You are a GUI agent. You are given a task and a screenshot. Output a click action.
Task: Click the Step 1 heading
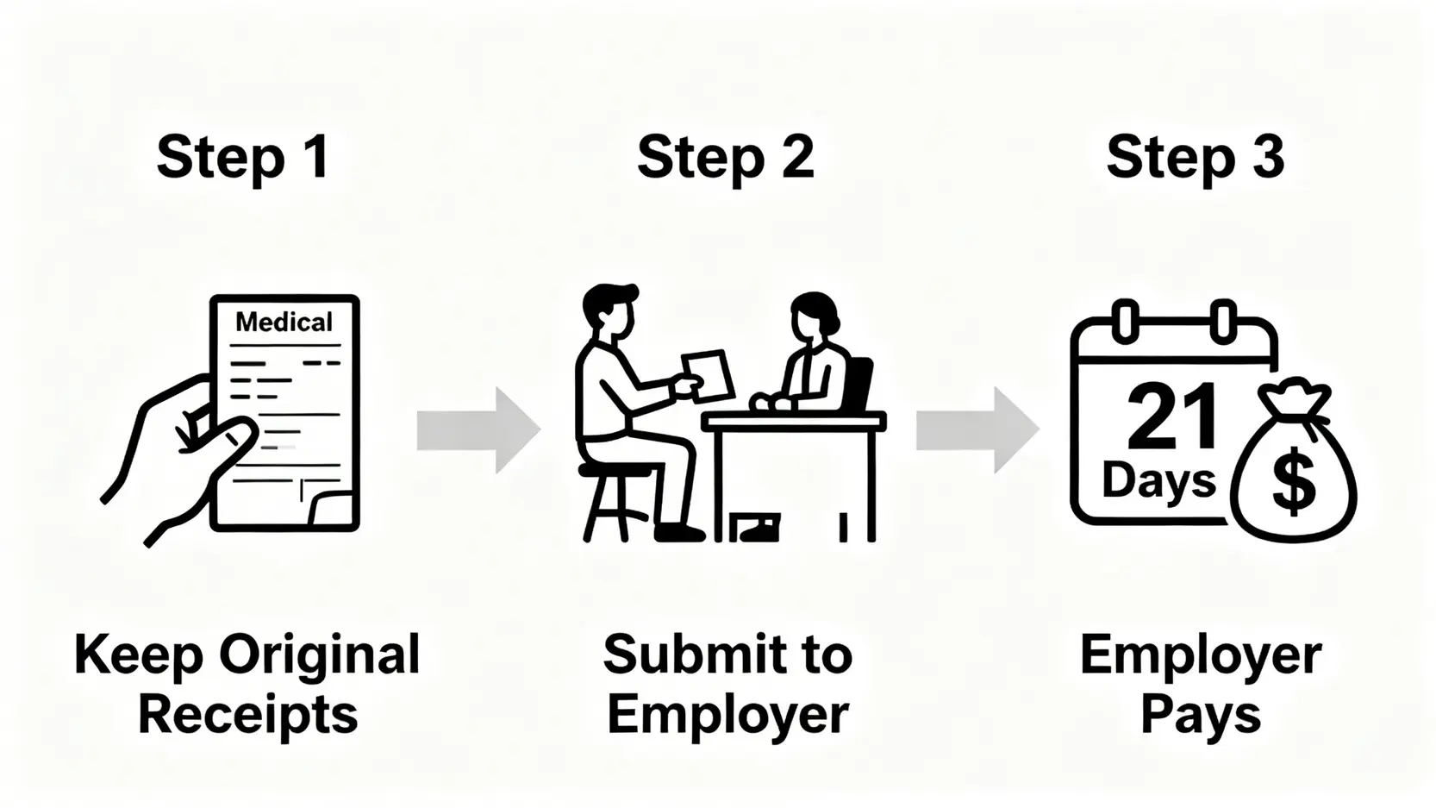click(x=243, y=159)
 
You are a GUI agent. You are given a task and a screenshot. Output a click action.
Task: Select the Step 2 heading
click(x=725, y=159)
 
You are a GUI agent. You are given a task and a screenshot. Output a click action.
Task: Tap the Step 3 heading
click(x=1195, y=159)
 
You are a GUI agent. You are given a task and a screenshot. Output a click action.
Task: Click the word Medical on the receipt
click(x=284, y=323)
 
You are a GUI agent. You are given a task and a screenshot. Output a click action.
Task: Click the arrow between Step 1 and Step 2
click(x=478, y=429)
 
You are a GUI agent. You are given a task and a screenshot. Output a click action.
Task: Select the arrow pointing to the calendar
click(x=976, y=429)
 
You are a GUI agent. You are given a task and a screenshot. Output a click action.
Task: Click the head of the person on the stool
click(x=609, y=310)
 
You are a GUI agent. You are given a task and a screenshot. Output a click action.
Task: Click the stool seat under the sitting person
click(x=614, y=471)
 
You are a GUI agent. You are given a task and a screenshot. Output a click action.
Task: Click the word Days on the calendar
click(x=1158, y=479)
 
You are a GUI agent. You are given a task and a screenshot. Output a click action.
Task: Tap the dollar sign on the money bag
click(x=1294, y=484)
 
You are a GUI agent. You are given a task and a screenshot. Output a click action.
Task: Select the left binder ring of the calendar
click(x=1124, y=321)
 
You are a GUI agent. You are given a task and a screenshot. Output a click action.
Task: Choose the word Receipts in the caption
click(x=247, y=715)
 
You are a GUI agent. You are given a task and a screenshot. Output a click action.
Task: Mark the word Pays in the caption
click(x=1200, y=715)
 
